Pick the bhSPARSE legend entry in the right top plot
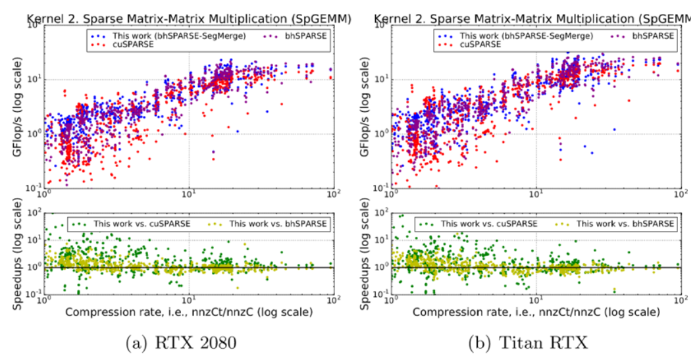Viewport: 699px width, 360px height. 652,35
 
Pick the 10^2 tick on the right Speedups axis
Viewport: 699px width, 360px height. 380,213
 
